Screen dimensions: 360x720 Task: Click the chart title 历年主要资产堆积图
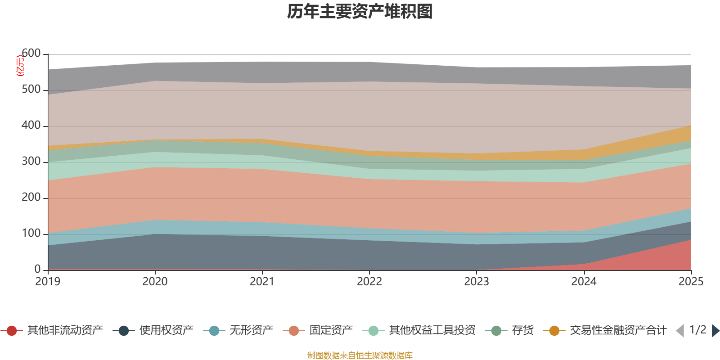pos(360,12)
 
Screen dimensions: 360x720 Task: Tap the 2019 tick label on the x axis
pos(48,282)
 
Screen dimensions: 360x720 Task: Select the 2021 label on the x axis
pos(262,282)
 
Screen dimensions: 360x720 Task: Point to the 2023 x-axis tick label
pos(477,282)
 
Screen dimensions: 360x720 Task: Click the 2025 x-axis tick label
pos(691,282)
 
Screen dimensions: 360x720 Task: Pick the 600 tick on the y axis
pos(31,54)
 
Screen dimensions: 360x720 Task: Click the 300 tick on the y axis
pos(31,162)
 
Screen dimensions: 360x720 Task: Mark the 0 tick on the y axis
pos(37,269)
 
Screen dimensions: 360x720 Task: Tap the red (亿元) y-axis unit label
pos(20,66)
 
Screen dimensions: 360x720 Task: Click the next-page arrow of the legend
pos(715,331)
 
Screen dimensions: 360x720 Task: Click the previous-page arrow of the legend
pos(680,331)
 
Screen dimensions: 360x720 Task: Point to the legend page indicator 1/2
pos(697,330)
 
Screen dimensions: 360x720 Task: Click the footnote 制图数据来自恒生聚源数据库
pos(360,355)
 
